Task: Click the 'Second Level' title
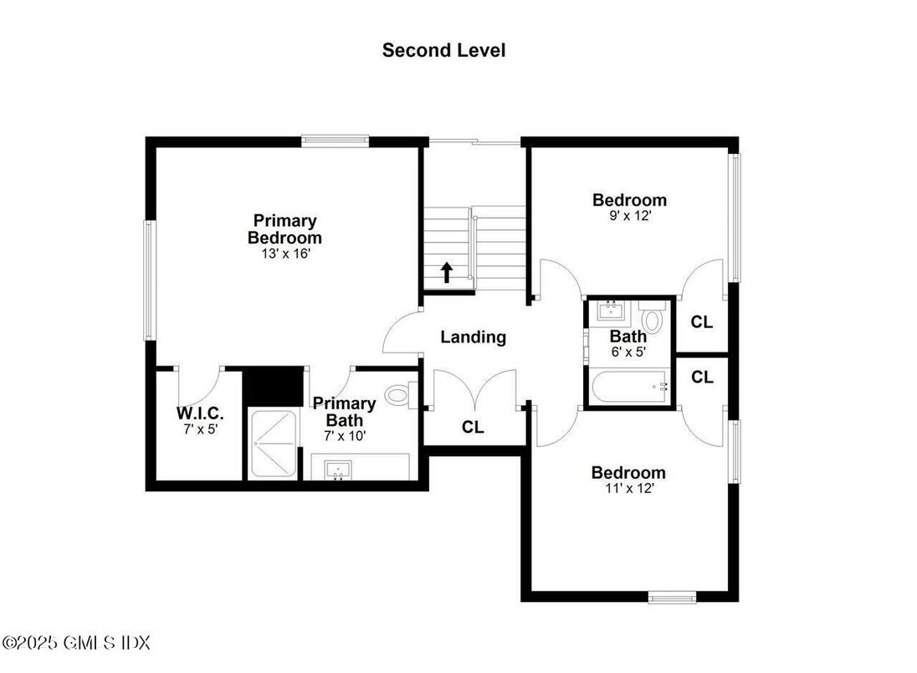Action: click(x=443, y=50)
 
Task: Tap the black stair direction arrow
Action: click(x=447, y=271)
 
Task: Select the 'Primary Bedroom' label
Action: click(x=284, y=229)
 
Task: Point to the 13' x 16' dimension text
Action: click(x=285, y=253)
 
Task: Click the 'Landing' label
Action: click(x=474, y=337)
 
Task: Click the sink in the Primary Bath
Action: click(x=340, y=469)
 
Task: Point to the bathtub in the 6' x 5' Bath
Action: click(x=628, y=387)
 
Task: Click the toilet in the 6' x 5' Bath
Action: click(x=653, y=319)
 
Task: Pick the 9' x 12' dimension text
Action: click(x=629, y=215)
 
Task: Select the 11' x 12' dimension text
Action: click(x=628, y=488)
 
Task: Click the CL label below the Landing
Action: click(x=473, y=428)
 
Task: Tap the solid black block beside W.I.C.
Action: click(x=273, y=387)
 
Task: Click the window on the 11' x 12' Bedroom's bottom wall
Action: click(x=672, y=598)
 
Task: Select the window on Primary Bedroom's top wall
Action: click(x=335, y=141)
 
